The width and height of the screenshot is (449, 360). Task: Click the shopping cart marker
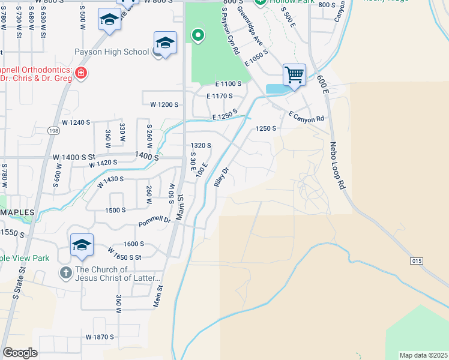[x=294, y=75]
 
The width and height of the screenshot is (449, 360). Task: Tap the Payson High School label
[x=112, y=52]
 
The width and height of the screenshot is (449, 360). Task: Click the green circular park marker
[x=197, y=37]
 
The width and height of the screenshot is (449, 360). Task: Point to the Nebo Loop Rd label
[x=337, y=165]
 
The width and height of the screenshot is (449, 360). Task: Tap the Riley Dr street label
[x=221, y=177]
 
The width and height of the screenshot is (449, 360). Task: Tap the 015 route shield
[x=417, y=261]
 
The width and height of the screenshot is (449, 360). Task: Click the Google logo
[x=20, y=353]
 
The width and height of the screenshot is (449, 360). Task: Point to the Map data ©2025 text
[x=423, y=355]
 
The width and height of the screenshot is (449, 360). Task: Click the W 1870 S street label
[x=100, y=337]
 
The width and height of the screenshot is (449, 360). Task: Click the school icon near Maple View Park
[x=82, y=245]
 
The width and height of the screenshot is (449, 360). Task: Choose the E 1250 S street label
[x=224, y=115]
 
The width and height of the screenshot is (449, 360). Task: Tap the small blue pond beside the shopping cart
[x=276, y=89]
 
